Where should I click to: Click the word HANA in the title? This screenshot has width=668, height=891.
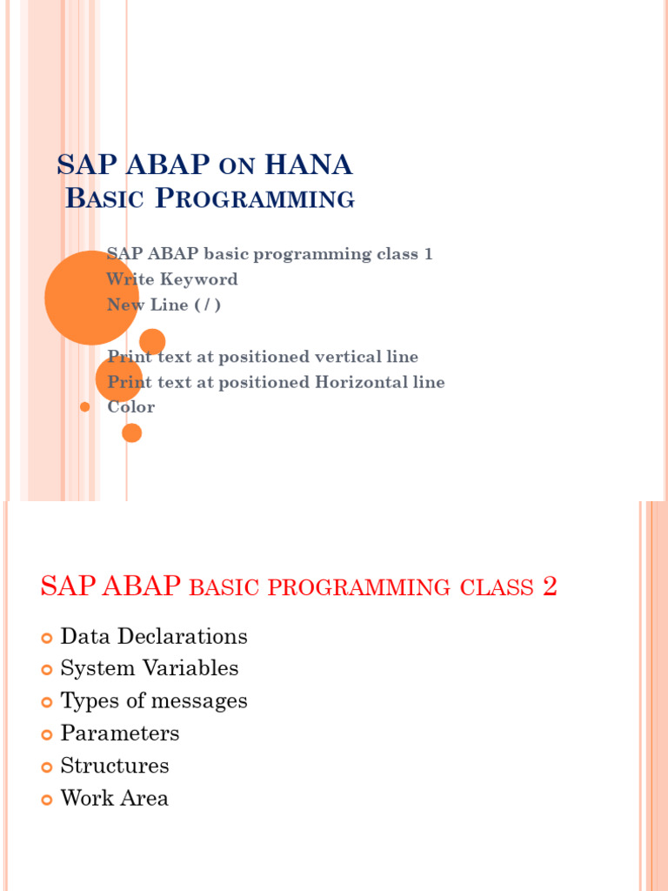point(309,164)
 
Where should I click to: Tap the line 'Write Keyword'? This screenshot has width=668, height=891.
point(172,279)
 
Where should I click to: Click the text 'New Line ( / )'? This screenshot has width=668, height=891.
point(164,305)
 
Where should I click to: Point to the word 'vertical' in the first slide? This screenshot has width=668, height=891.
point(316,357)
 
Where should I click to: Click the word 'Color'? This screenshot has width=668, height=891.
point(131,407)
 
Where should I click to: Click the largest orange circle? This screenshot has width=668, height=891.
point(90,298)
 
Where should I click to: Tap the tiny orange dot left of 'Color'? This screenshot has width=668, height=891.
point(84,407)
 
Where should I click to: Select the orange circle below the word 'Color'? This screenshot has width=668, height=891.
point(131,432)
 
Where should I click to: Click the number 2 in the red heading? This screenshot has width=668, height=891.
point(549,587)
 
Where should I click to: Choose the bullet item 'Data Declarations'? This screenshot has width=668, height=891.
point(154,637)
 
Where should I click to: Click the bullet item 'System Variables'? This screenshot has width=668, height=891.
point(150,669)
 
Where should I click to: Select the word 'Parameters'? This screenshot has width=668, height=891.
point(120,734)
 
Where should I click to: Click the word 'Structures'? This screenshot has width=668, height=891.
point(115,767)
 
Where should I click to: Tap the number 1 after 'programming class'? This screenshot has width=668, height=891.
point(427,254)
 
